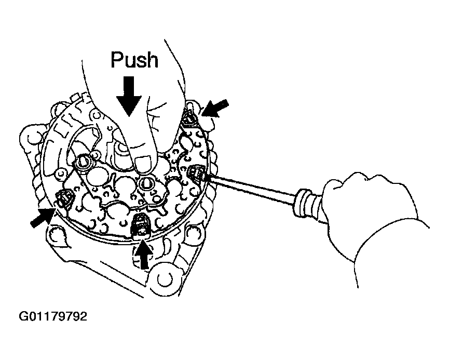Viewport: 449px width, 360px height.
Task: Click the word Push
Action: [x=134, y=60]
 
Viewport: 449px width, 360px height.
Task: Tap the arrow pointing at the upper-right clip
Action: [x=215, y=109]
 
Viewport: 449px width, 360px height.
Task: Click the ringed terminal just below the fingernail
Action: [x=147, y=183]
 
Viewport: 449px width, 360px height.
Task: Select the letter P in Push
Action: [x=117, y=60]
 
